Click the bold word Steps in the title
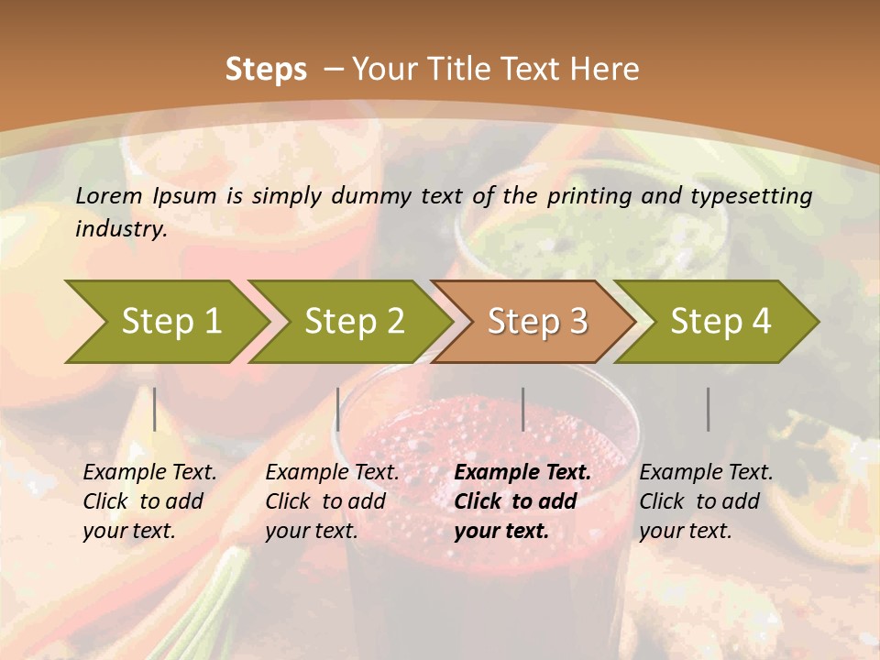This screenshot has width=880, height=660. click(266, 70)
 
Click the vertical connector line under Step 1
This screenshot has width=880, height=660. click(155, 409)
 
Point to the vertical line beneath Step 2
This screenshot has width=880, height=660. click(338, 409)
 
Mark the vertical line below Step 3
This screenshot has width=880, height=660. click(523, 409)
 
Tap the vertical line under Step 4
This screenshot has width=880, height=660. click(709, 409)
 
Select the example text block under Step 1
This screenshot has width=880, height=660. click(148, 501)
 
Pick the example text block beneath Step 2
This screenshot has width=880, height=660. click(331, 501)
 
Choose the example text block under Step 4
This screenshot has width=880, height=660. click(705, 501)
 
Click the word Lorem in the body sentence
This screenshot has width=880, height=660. click(109, 196)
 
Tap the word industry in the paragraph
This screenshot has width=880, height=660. click(120, 229)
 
